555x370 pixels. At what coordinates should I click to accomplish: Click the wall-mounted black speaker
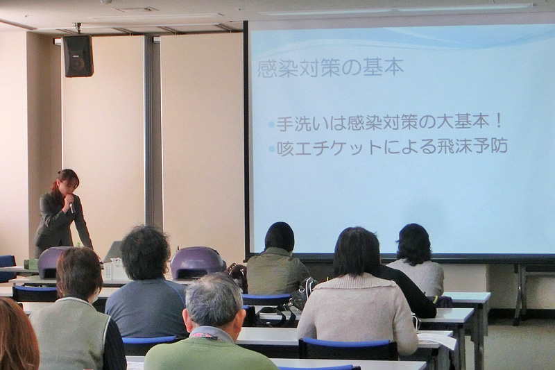click(x=78, y=56)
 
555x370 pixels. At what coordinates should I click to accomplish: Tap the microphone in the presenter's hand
click(x=71, y=207)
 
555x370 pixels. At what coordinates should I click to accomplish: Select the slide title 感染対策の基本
click(x=330, y=67)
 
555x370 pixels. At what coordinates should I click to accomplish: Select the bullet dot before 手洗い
click(x=271, y=125)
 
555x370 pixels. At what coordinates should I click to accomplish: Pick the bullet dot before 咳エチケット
click(x=272, y=149)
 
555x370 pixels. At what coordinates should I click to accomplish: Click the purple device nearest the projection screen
click(x=198, y=262)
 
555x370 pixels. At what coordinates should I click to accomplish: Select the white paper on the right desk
click(x=437, y=340)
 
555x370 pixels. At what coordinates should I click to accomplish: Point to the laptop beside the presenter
click(x=112, y=252)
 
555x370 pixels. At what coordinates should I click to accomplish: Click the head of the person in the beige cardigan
click(x=357, y=252)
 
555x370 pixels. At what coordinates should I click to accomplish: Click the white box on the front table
click(x=113, y=269)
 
